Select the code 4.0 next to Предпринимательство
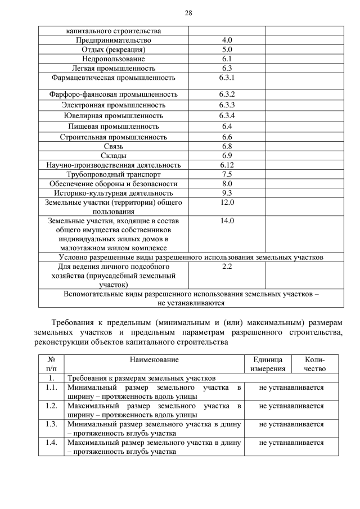227,40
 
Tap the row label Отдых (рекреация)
113,49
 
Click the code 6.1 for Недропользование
227,58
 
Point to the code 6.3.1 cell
227,77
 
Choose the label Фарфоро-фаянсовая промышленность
113,94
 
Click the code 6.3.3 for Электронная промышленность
227,105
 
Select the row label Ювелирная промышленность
113,115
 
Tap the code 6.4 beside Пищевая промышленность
227,126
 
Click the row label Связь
113,146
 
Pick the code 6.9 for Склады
227,155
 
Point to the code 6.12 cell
227,165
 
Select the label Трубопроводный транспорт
113,174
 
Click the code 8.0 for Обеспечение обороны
227,183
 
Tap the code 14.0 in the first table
227,220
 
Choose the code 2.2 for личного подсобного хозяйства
227,266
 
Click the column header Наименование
154,359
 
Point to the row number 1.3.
51,424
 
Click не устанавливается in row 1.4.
291,442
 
